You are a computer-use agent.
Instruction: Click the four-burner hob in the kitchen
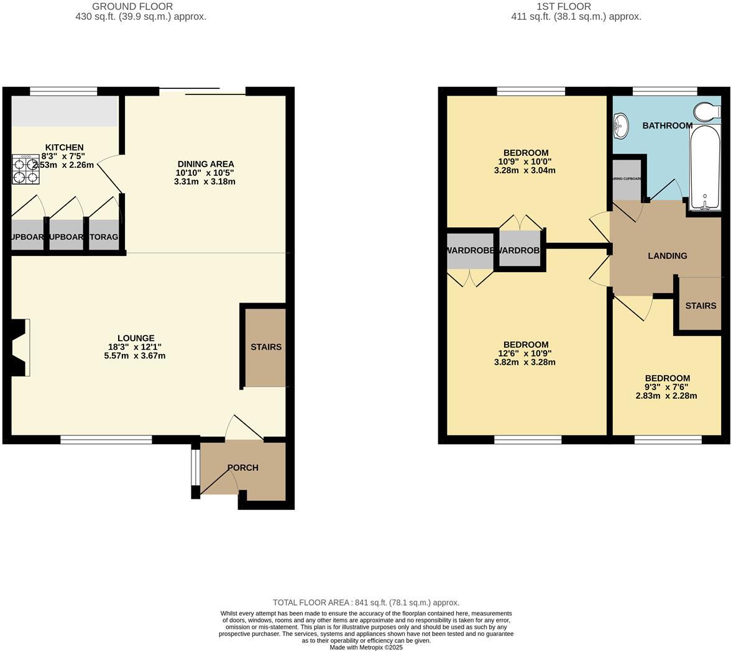coord(25,170)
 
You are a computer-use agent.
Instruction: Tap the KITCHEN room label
coord(64,147)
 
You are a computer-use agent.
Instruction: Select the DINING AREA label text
coord(205,164)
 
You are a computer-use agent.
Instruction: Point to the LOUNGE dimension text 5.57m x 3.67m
coord(135,356)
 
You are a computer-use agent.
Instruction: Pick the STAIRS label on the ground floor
coord(266,347)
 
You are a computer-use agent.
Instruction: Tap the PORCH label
coord(242,468)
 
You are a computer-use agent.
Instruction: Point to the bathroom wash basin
coord(620,127)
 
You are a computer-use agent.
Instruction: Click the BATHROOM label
coord(667,125)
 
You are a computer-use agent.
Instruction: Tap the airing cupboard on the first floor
coord(627,180)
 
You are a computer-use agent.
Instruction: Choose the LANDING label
coord(667,255)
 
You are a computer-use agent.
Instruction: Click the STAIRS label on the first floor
coord(701,306)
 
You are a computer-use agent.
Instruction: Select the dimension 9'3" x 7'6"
coord(666,387)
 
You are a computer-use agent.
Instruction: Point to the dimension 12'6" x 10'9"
coord(526,353)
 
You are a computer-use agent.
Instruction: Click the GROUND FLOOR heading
coord(132,6)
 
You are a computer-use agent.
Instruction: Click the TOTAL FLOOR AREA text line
coord(366,603)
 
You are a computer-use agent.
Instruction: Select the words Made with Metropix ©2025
coord(366,647)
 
